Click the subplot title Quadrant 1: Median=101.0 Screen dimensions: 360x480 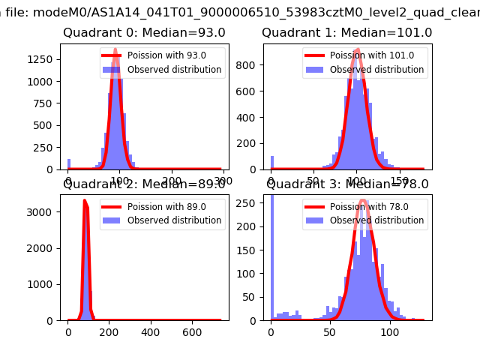[346, 33]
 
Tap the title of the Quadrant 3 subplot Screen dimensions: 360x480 [347, 184]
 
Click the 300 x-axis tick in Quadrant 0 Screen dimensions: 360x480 [223, 181]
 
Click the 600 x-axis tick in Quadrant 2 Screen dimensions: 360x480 [191, 332]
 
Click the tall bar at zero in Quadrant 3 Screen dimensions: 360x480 [271, 259]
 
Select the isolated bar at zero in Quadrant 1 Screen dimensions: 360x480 [271, 163]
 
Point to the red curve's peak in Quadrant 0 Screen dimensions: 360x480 [115, 50]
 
